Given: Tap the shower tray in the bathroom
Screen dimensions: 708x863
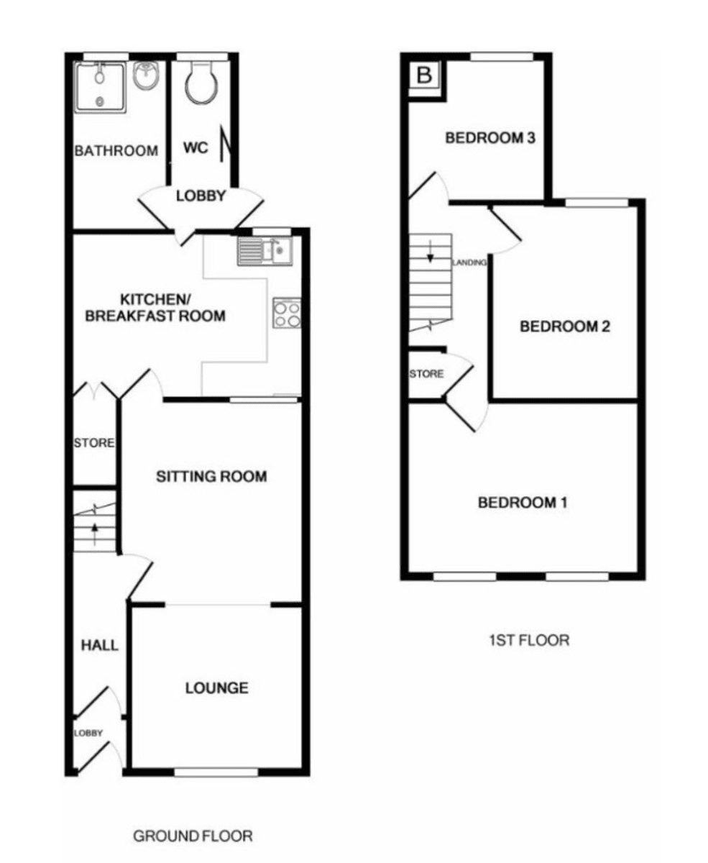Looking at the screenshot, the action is [x=100, y=87].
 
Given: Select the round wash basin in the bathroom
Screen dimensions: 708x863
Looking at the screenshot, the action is [x=146, y=76].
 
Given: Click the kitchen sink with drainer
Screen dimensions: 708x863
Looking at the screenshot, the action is [x=265, y=251].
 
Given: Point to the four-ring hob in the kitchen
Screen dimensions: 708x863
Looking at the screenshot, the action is [x=287, y=313].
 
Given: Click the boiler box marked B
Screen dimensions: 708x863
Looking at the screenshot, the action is [x=425, y=75].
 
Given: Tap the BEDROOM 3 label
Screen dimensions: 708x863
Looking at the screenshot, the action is [x=490, y=138].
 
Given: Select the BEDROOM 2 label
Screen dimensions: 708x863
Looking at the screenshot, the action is [x=565, y=327].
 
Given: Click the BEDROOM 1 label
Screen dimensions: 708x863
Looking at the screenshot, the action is [x=523, y=503].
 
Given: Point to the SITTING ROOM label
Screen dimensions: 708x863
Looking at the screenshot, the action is [x=211, y=476].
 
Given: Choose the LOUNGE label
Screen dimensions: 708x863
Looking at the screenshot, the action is [x=217, y=688].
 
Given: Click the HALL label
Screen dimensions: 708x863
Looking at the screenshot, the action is [x=100, y=645].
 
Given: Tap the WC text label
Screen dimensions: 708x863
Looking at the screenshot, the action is [x=196, y=147].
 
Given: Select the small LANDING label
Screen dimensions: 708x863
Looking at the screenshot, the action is [x=469, y=262].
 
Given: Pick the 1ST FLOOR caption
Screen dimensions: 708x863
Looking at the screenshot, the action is [x=529, y=640].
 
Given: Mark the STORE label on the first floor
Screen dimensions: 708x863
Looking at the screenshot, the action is [x=427, y=373].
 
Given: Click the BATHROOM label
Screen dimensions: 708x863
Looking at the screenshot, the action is [x=116, y=151].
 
